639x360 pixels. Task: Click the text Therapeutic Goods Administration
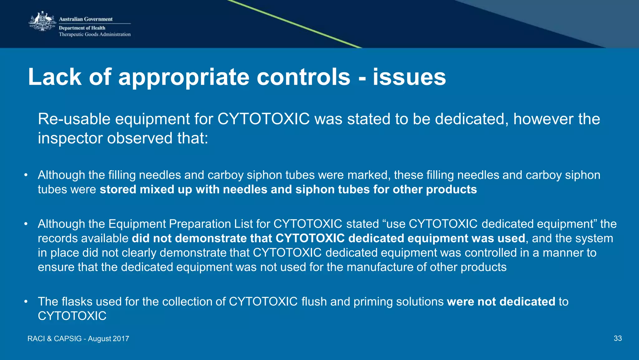point(95,34)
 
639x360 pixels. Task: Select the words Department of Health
point(82,28)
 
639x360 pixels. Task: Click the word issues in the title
point(409,77)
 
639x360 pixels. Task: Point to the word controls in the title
point(304,77)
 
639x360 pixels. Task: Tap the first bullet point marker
point(26,175)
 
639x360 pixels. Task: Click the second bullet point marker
point(26,224)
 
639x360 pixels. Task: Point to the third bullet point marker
point(26,302)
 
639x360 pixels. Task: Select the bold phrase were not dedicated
point(501,302)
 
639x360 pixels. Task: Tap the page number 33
point(617,338)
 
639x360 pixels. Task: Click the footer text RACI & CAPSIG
point(54,339)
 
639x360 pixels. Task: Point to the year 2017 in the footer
point(121,339)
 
